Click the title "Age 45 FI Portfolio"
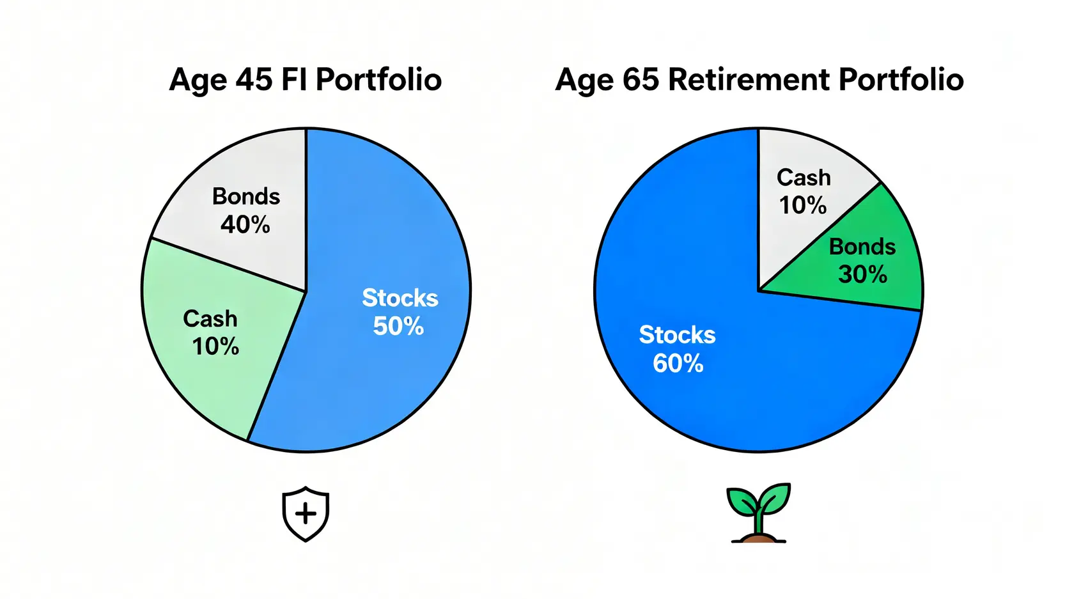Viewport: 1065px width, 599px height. (x=305, y=81)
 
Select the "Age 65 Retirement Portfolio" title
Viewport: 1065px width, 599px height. (x=759, y=81)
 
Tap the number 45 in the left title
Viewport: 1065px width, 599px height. (x=254, y=81)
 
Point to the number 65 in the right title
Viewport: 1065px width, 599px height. (x=641, y=81)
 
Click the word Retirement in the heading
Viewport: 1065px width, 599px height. (x=749, y=81)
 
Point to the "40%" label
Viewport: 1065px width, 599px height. (x=245, y=224)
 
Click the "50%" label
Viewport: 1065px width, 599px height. (x=398, y=327)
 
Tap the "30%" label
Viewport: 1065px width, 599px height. (x=862, y=275)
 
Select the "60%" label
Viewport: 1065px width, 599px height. (x=678, y=364)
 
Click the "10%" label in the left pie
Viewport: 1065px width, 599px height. (x=215, y=346)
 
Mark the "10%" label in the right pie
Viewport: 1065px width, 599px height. (x=802, y=205)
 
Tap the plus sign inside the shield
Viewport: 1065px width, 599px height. (x=306, y=514)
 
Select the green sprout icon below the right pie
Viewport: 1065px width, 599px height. (x=759, y=511)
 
